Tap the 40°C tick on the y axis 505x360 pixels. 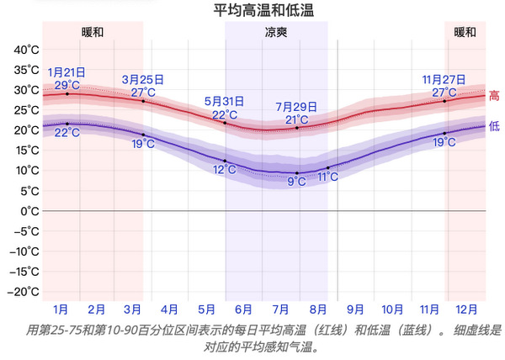coord(26,50)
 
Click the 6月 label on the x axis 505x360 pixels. coord(244,310)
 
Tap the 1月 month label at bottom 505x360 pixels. coord(61,310)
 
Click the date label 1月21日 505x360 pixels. coord(67,72)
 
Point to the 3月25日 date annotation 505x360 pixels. coord(142,80)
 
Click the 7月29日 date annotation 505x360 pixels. coord(296,107)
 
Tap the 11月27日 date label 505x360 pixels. coord(444,80)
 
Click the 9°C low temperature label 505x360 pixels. coord(297,182)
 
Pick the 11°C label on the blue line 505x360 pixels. coord(328,177)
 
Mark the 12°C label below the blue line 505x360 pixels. coord(225,170)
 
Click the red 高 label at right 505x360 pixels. coord(494,96)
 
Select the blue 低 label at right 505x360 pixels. coord(494,127)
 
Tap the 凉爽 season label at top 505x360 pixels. coord(276,33)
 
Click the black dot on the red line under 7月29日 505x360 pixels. coord(297,128)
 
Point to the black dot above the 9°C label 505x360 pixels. coord(297,172)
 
